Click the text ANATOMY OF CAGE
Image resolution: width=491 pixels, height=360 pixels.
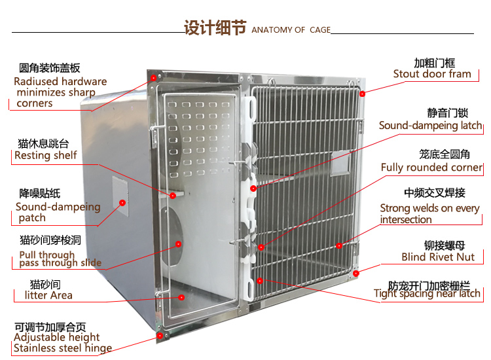click(x=291, y=30)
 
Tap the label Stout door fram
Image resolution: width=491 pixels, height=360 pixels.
click(x=432, y=74)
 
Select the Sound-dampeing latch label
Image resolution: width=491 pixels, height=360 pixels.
click(x=430, y=126)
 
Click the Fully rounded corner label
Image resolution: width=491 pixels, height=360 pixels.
click(x=431, y=168)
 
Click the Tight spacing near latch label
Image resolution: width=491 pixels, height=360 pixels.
click(x=427, y=294)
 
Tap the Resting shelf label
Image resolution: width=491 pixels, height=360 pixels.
click(x=46, y=156)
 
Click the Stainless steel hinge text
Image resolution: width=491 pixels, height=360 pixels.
click(x=63, y=348)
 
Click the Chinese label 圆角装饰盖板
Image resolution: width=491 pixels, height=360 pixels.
click(x=50, y=68)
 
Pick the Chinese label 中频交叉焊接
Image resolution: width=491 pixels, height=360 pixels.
click(x=434, y=193)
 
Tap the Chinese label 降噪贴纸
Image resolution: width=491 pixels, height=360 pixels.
click(x=39, y=193)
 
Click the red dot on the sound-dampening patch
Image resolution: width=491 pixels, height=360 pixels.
click(x=122, y=203)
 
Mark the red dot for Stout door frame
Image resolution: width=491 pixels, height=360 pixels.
click(x=361, y=93)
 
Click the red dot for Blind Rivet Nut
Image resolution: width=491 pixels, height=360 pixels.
click(x=356, y=272)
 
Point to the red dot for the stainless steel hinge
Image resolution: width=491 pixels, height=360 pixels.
click(x=159, y=335)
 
